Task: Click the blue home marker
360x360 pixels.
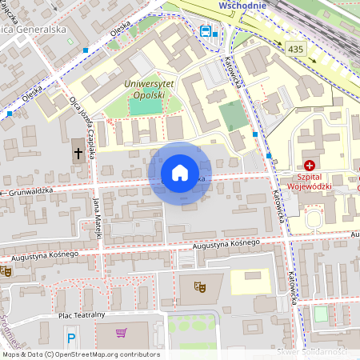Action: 179,173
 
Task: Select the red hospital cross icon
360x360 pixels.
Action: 309,164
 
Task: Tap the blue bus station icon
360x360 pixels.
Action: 206,32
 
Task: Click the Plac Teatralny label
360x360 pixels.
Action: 82,315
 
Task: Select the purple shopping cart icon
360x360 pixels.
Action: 122,333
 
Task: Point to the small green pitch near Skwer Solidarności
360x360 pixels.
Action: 320,314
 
